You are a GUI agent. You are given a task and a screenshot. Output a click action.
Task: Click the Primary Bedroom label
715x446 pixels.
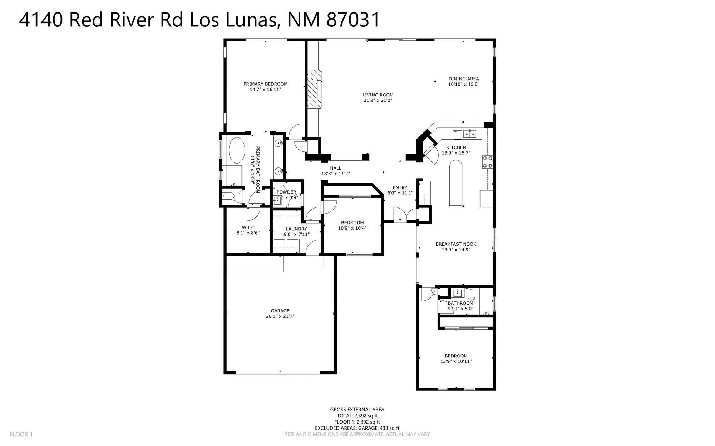(265, 84)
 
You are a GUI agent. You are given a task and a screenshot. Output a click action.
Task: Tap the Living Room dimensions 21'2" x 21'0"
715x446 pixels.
(378, 100)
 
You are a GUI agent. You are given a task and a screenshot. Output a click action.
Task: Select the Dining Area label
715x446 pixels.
(464, 79)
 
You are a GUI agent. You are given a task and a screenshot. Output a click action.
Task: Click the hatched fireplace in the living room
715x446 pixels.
(315, 89)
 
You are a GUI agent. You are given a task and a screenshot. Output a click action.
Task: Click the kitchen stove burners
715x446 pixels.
(487, 162)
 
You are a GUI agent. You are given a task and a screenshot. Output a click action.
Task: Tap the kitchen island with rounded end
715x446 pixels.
(456, 183)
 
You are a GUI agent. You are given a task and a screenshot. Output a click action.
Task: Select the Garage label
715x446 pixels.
(280, 311)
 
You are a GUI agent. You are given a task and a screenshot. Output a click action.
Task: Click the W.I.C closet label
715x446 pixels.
(248, 227)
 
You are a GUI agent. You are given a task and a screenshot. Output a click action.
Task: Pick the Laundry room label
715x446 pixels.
(296, 229)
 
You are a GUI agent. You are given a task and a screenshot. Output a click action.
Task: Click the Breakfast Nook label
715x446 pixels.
(456, 244)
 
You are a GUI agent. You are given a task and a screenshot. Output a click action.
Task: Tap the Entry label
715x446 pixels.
(400, 187)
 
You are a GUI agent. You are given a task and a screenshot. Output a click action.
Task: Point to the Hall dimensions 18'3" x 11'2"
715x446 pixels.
(335, 174)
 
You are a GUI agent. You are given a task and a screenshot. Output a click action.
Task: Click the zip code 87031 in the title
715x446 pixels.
(353, 20)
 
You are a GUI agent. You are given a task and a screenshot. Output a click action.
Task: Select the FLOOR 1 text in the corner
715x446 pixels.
(21, 435)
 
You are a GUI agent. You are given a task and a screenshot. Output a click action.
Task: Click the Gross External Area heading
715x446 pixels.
(357, 410)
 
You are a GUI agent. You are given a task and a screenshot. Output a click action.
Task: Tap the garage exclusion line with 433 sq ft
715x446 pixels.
(357, 428)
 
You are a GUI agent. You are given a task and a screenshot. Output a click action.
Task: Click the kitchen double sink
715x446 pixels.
(469, 134)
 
